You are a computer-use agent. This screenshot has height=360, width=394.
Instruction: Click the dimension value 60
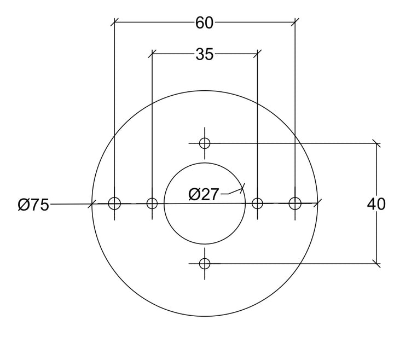click(x=204, y=23)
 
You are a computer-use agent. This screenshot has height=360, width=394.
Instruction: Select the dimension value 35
click(x=204, y=54)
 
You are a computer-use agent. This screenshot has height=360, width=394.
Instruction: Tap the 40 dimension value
click(x=376, y=204)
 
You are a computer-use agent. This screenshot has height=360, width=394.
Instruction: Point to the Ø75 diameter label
click(x=33, y=205)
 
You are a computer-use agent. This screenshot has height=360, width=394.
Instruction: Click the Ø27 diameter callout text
click(x=204, y=194)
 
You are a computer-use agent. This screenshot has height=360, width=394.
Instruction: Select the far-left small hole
click(x=114, y=203)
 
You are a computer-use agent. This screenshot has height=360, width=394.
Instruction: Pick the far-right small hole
click(x=295, y=203)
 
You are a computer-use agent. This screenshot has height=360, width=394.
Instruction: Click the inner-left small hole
click(x=152, y=203)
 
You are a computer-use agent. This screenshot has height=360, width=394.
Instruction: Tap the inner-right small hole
click(x=257, y=203)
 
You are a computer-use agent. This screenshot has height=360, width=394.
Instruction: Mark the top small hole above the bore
click(x=205, y=143)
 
